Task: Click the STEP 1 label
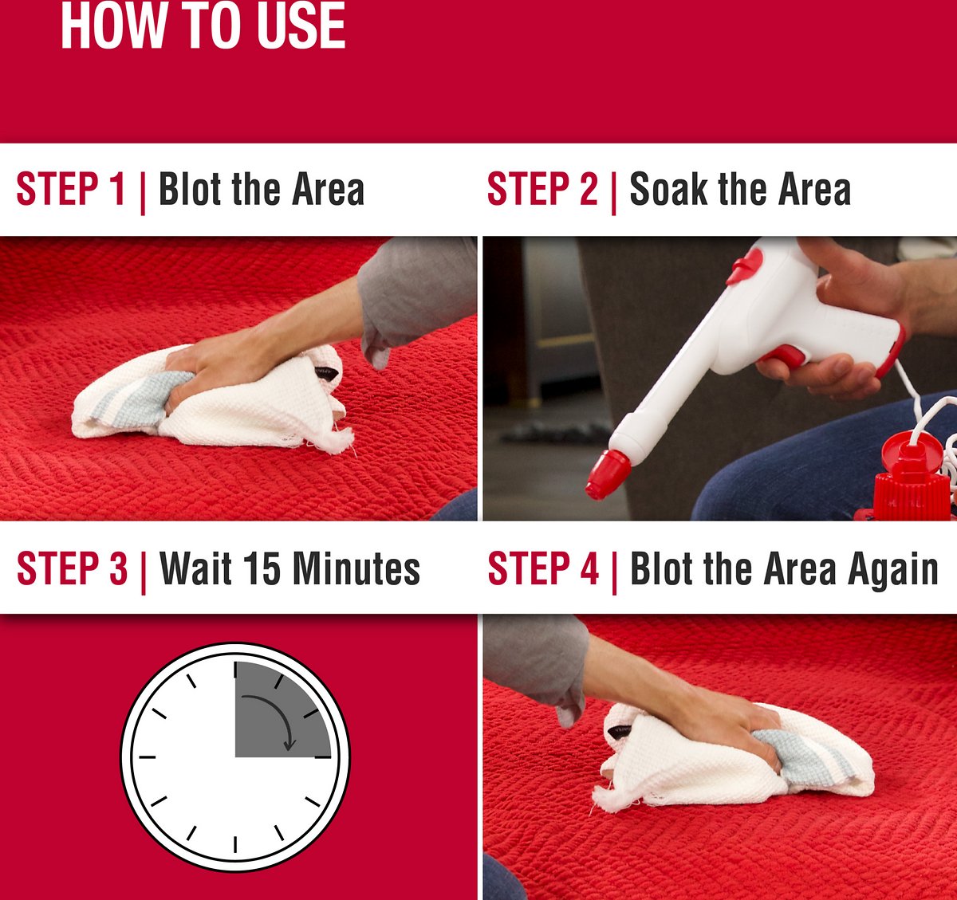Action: pos(71,188)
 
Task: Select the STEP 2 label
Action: pos(542,188)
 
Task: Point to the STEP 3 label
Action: pos(73,568)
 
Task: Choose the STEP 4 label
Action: pos(544,568)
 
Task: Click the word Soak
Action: pos(668,188)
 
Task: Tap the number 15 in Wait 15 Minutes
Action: pos(262,568)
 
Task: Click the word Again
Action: pos(893,571)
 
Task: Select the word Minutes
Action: pos(356,568)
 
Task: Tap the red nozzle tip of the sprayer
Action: pos(608,475)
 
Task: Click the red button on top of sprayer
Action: pos(745,265)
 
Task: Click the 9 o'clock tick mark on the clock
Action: pos(148,757)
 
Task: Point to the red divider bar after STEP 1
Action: pos(143,192)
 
